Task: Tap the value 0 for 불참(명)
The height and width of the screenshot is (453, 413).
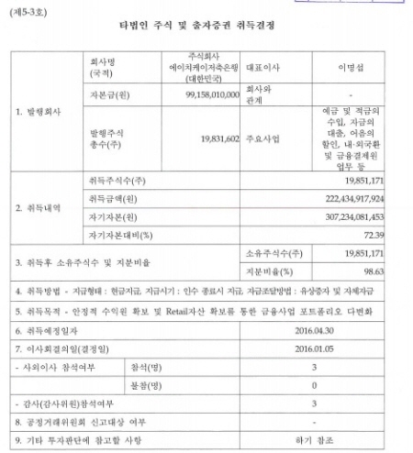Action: point(312,385)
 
